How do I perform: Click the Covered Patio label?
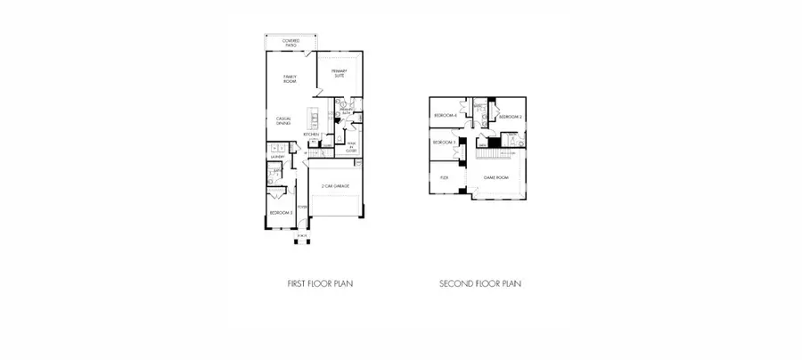[x=291, y=42]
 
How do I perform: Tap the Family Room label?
[x=290, y=78]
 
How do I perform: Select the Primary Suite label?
[x=339, y=74]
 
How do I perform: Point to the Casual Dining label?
[x=284, y=120]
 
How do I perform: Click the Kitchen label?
[x=311, y=135]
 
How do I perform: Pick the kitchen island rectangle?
[x=314, y=117]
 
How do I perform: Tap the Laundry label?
[x=277, y=158]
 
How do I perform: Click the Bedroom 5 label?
[x=282, y=213]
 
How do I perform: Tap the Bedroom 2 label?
[x=510, y=117]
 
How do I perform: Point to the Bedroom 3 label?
[x=444, y=143]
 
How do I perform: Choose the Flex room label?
[x=444, y=177]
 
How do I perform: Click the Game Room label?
[x=495, y=177]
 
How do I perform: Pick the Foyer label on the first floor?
[x=302, y=208]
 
